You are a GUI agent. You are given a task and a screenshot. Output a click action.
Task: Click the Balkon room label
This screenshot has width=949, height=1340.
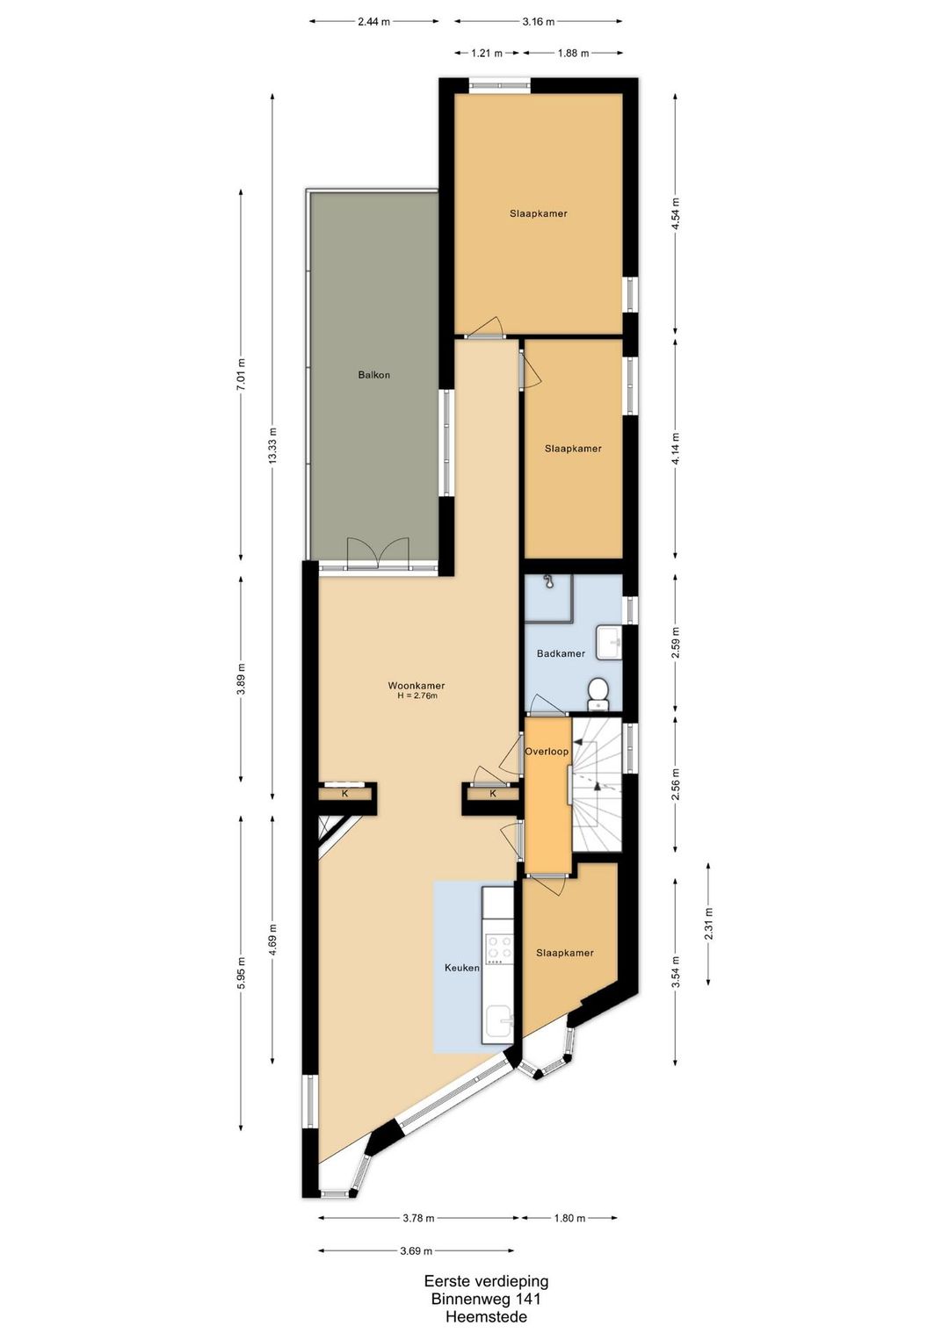tap(373, 375)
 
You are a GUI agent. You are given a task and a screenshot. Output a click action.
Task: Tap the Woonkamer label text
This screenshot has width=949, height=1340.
tap(417, 686)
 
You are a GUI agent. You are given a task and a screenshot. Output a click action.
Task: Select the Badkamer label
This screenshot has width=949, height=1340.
tap(561, 654)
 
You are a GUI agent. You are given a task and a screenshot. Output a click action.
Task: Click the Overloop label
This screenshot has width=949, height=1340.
tap(547, 752)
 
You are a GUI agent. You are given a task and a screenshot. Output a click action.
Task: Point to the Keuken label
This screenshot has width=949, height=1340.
tap(461, 968)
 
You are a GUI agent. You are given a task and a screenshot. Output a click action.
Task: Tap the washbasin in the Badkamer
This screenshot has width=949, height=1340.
tap(610, 642)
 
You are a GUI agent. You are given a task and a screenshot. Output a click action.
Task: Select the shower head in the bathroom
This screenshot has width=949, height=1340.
tap(547, 580)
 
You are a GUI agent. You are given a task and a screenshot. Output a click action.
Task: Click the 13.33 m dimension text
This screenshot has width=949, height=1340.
tap(273, 446)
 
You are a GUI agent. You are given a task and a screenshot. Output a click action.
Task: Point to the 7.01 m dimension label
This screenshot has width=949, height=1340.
tap(242, 374)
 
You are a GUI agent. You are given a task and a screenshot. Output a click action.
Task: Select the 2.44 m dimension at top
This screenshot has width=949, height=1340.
tap(373, 22)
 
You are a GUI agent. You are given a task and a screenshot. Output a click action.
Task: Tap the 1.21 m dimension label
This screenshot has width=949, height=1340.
tap(487, 54)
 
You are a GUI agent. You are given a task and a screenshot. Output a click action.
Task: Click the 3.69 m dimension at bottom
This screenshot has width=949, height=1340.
tap(417, 1250)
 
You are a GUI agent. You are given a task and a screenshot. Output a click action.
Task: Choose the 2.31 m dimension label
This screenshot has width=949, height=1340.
tap(709, 924)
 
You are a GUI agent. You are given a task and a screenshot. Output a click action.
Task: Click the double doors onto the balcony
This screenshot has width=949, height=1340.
tap(379, 552)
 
